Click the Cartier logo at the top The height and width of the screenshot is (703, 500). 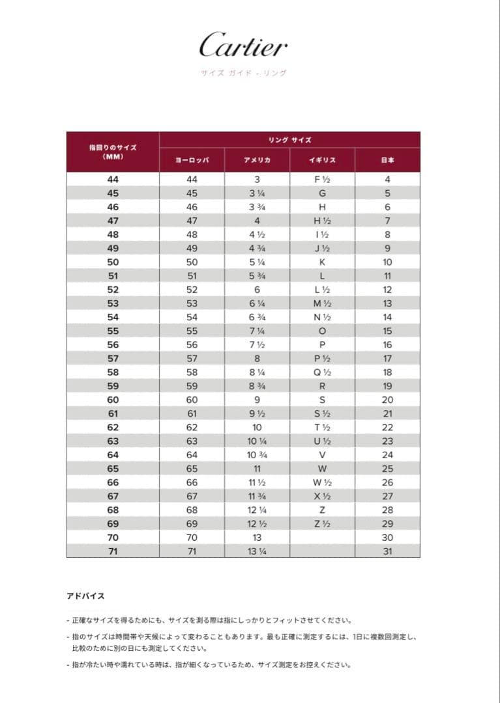tap(243, 46)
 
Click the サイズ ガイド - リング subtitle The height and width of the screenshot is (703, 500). tap(243, 73)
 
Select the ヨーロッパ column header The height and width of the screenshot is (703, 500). tap(192, 159)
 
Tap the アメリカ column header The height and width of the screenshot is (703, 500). tap(257, 159)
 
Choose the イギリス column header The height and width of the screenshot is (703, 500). tap(322, 159)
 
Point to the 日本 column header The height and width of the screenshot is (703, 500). tap(387, 159)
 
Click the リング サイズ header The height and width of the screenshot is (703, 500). tap(289, 140)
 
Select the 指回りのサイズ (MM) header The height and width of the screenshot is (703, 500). tap(113, 152)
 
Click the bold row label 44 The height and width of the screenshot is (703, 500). tap(113, 179)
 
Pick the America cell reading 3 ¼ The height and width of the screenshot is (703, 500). tap(257, 193)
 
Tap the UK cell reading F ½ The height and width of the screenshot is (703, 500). tap(322, 179)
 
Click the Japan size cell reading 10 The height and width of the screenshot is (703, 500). tap(387, 262)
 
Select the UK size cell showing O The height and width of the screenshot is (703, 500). tap(322, 331)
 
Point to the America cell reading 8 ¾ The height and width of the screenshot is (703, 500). tap(257, 386)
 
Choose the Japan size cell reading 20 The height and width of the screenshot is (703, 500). tap(387, 400)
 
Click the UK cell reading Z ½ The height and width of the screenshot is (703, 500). tap(322, 524)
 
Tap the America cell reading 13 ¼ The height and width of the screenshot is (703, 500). tap(257, 551)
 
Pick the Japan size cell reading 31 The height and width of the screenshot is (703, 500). tap(387, 551)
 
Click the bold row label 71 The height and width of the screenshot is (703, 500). tap(113, 551)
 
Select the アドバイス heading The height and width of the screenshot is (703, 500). tap(85, 596)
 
